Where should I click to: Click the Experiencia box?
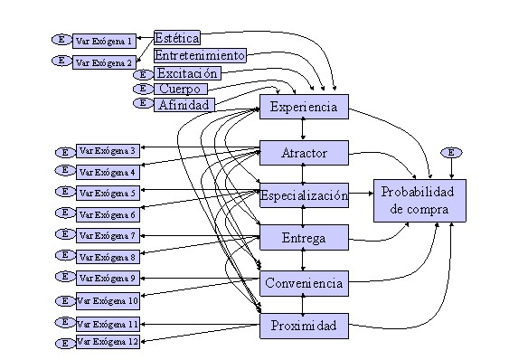[304, 107]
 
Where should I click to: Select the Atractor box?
[304, 153]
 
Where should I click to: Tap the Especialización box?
[304, 195]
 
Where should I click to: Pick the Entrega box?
[304, 238]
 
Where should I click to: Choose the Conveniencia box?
[304, 283]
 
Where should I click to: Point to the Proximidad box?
[304, 326]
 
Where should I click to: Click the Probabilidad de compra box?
[419, 201]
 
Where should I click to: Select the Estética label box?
[177, 38]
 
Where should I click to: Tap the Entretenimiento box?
[200, 55]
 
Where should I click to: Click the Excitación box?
[187, 73]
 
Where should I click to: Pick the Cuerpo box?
[181, 89]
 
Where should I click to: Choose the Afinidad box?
[184, 105]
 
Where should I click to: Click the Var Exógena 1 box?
[104, 41]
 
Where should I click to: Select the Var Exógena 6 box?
[108, 214]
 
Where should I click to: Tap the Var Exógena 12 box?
[108, 342]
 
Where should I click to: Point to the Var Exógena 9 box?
[108, 278]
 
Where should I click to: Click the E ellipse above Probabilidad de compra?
[451, 152]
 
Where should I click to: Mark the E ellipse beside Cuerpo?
[143, 88]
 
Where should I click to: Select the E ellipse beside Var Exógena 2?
[62, 61]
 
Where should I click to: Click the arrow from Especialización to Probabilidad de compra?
[362, 194]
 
